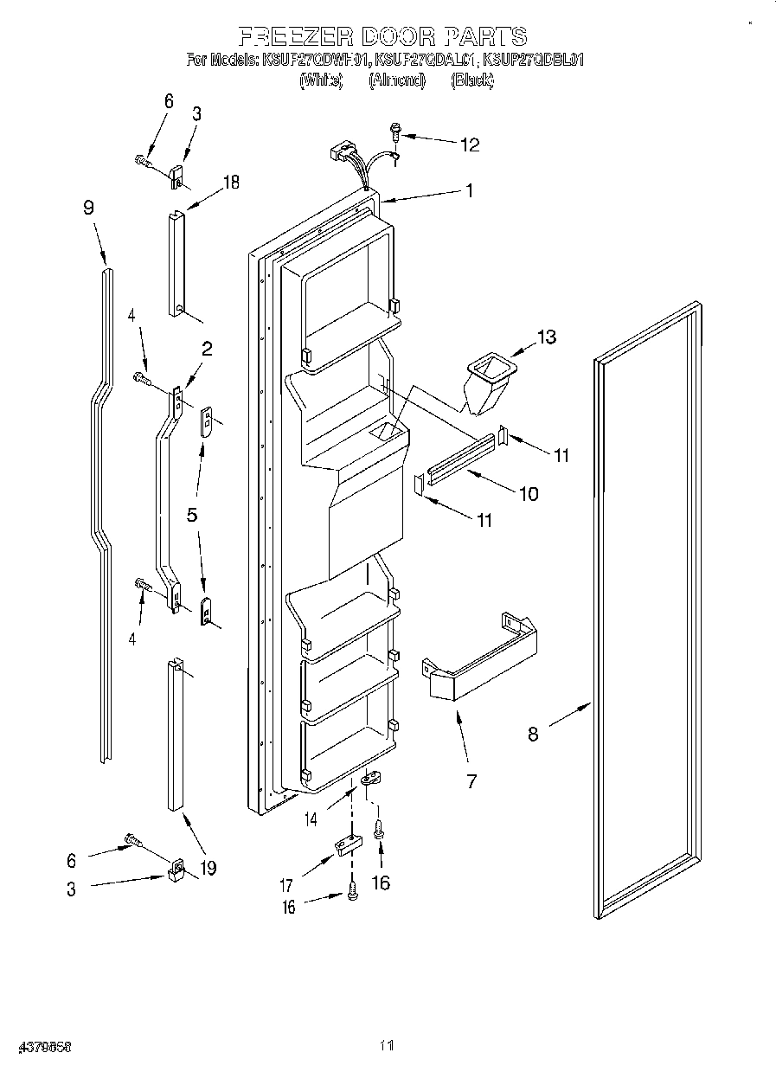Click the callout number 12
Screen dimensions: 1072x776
pos(469,144)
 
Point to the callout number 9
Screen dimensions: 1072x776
pos(88,208)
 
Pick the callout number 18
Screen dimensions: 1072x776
pos(230,182)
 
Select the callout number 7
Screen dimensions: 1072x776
pos(471,781)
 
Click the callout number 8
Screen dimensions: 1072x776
pos(533,735)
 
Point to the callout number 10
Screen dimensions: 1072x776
pos(527,494)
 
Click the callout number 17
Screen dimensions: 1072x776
pos(285,885)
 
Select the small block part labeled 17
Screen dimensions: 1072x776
pos(345,844)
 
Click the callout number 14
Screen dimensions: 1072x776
pos(310,818)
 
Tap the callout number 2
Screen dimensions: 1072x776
pos(207,349)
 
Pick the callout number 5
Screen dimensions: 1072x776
pos(192,515)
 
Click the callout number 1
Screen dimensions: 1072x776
pos(469,191)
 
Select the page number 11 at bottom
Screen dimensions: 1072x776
pos(387,1046)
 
